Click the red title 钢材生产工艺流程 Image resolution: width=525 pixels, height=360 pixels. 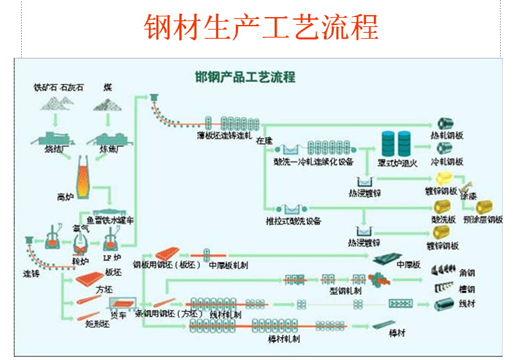tap(262, 27)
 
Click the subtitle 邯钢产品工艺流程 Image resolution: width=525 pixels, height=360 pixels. tap(245, 77)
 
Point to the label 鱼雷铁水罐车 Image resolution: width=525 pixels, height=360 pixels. tap(110, 221)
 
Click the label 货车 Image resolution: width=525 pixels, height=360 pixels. tap(119, 316)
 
